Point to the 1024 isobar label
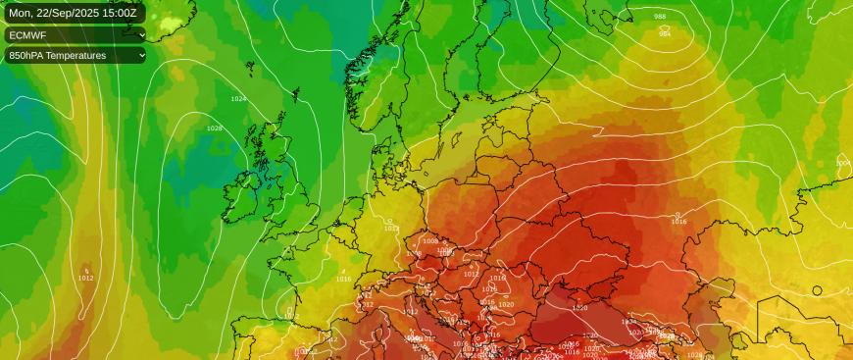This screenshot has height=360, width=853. click(238, 99)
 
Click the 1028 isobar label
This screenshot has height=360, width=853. click(214, 129)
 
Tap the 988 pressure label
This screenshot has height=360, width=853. click(659, 17)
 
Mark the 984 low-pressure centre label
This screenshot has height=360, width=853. click(665, 33)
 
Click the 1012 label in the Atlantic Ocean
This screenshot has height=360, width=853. click(85, 278)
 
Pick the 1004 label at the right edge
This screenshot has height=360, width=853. click(842, 163)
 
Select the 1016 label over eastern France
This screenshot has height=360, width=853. click(343, 279)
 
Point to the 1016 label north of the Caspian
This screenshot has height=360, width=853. click(678, 222)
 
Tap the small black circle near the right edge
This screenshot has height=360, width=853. click(817, 289)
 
